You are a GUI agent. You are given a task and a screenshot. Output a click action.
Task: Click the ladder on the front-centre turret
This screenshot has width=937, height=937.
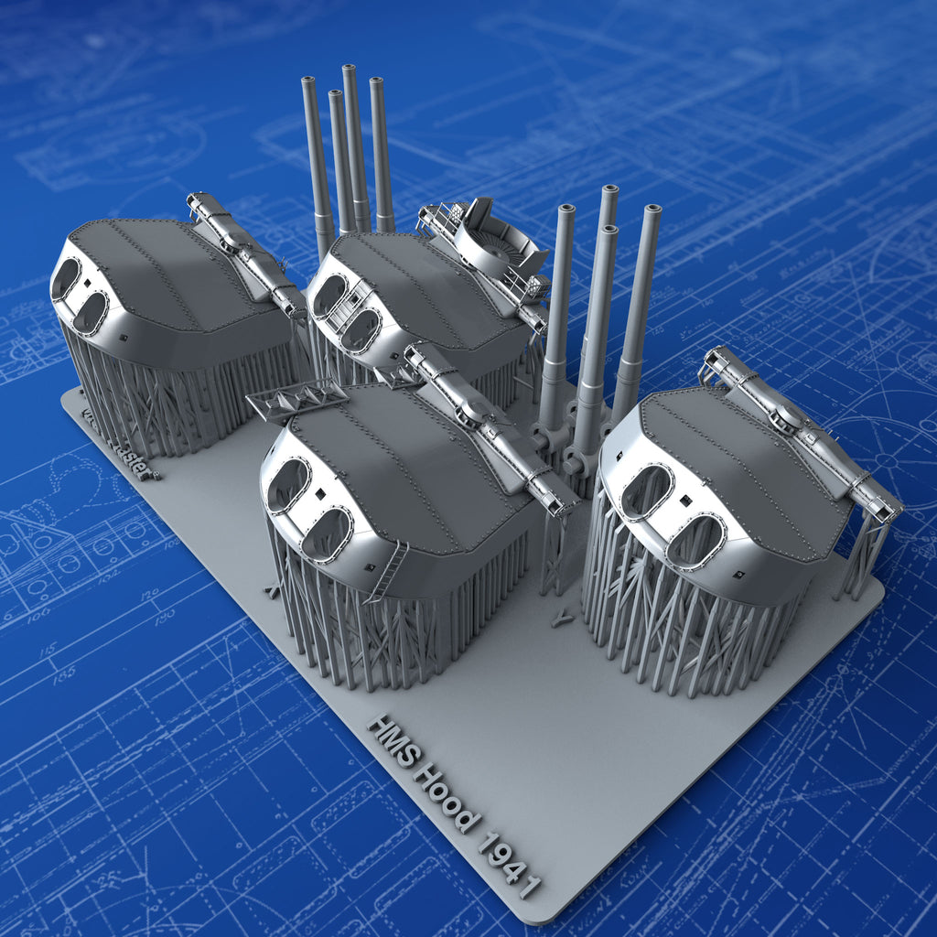(x=387, y=571)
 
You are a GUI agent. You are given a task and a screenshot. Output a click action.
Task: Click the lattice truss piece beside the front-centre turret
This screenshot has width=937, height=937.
(x=296, y=401)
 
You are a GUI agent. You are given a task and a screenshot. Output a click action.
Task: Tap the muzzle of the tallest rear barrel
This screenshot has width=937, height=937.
(x=350, y=71)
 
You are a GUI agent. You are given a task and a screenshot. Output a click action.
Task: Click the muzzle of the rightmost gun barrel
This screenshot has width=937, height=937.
(x=652, y=210)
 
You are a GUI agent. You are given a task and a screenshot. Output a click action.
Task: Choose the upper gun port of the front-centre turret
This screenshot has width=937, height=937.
(x=287, y=484)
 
